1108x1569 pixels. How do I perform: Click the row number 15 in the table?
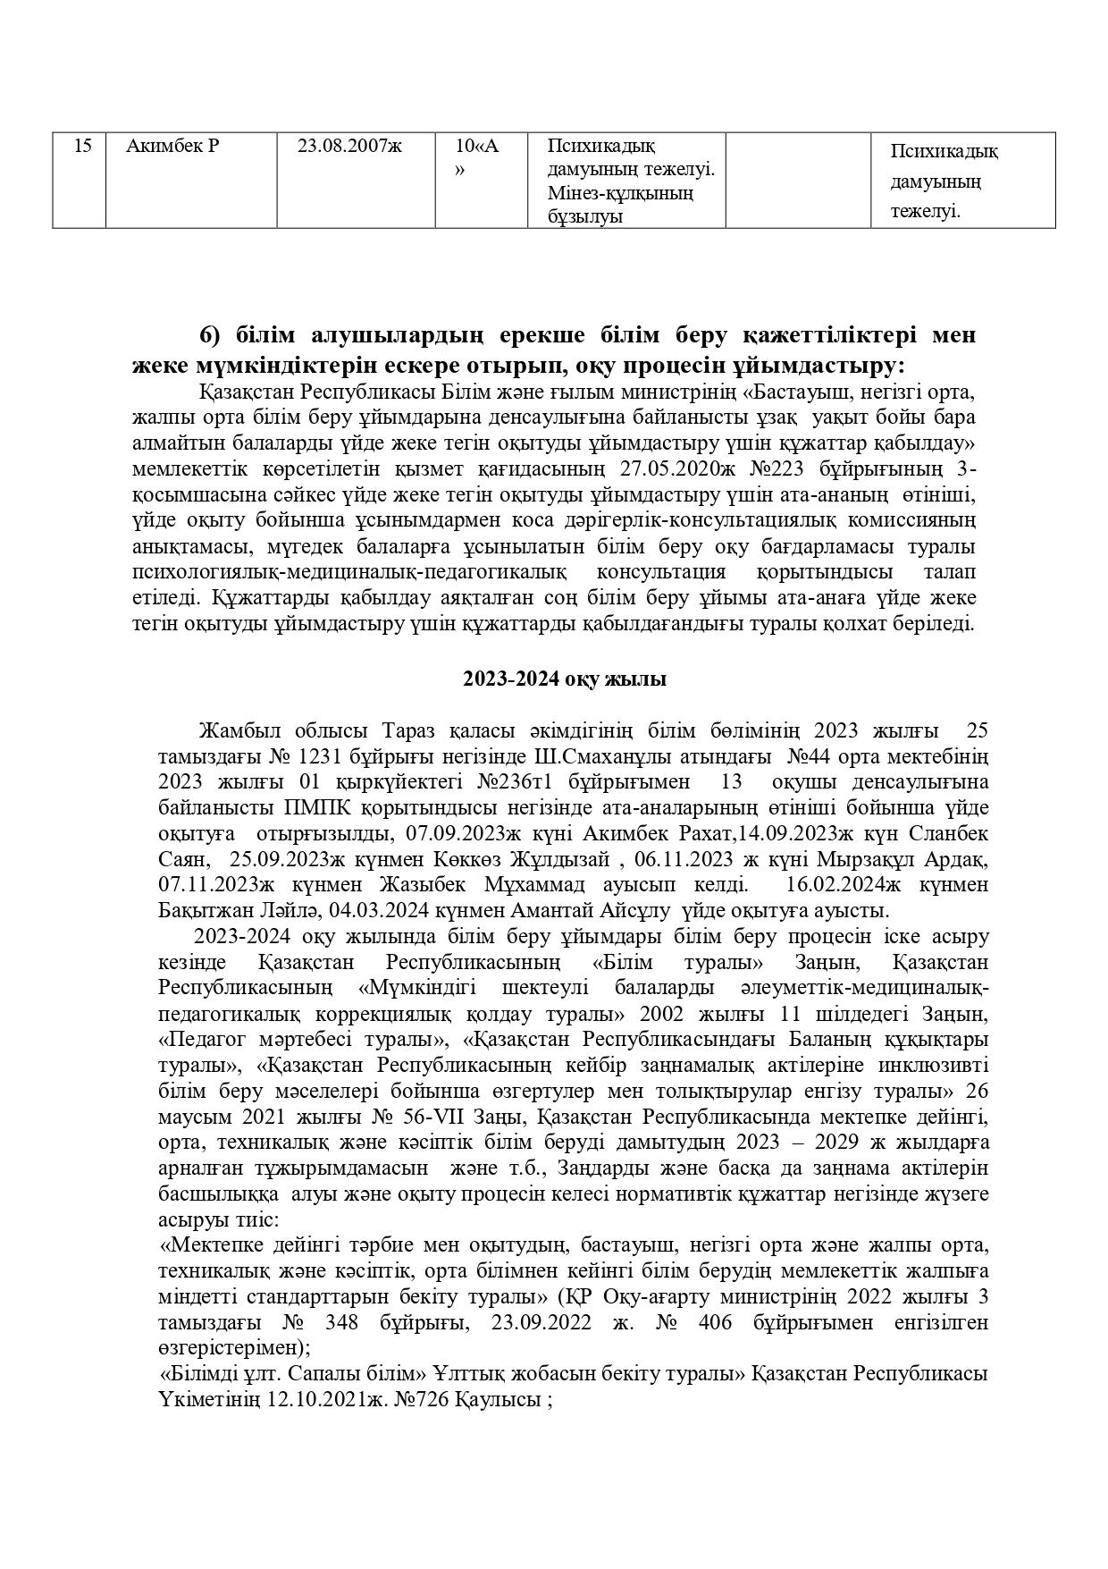pyautogui.click(x=81, y=147)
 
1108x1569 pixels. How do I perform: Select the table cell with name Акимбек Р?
pyautogui.click(x=172, y=147)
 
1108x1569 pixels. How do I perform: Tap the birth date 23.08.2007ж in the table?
pyautogui.click(x=349, y=147)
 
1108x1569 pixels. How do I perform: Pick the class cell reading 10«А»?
pyautogui.click(x=477, y=157)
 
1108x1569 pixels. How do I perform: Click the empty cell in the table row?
pyautogui.click(x=798, y=180)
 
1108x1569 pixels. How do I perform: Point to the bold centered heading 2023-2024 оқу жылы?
pyautogui.click(x=564, y=679)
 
